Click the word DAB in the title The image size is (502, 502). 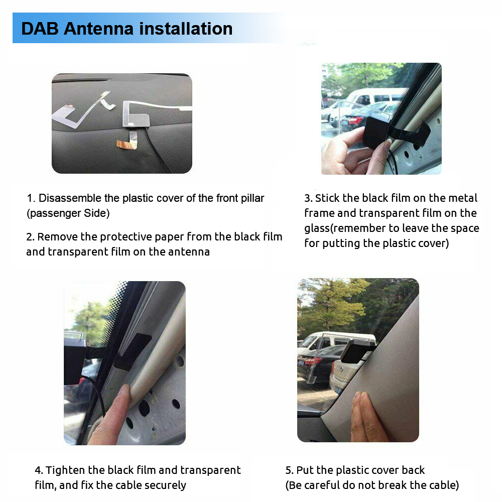[x=40, y=29]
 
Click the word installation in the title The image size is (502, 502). [x=186, y=29]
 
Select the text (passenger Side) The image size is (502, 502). [x=68, y=213]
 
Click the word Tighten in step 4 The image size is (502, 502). [x=66, y=470]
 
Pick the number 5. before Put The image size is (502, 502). [x=289, y=470]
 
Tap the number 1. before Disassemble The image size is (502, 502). [x=31, y=198]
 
